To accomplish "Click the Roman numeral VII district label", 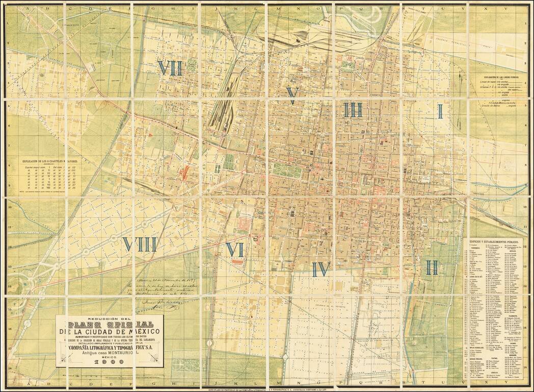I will coord(170,68).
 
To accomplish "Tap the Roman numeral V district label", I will coord(292,95).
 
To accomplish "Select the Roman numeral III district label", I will coord(352,110).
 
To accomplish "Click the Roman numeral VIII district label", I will coord(139,244).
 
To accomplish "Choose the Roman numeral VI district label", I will coord(235,250).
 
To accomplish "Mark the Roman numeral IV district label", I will coord(321,269).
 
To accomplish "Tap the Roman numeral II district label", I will coord(432,267).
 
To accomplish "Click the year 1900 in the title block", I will coord(110,362).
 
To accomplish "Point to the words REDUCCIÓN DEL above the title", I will coord(109,317).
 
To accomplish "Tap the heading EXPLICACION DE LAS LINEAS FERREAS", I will coord(489,77).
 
